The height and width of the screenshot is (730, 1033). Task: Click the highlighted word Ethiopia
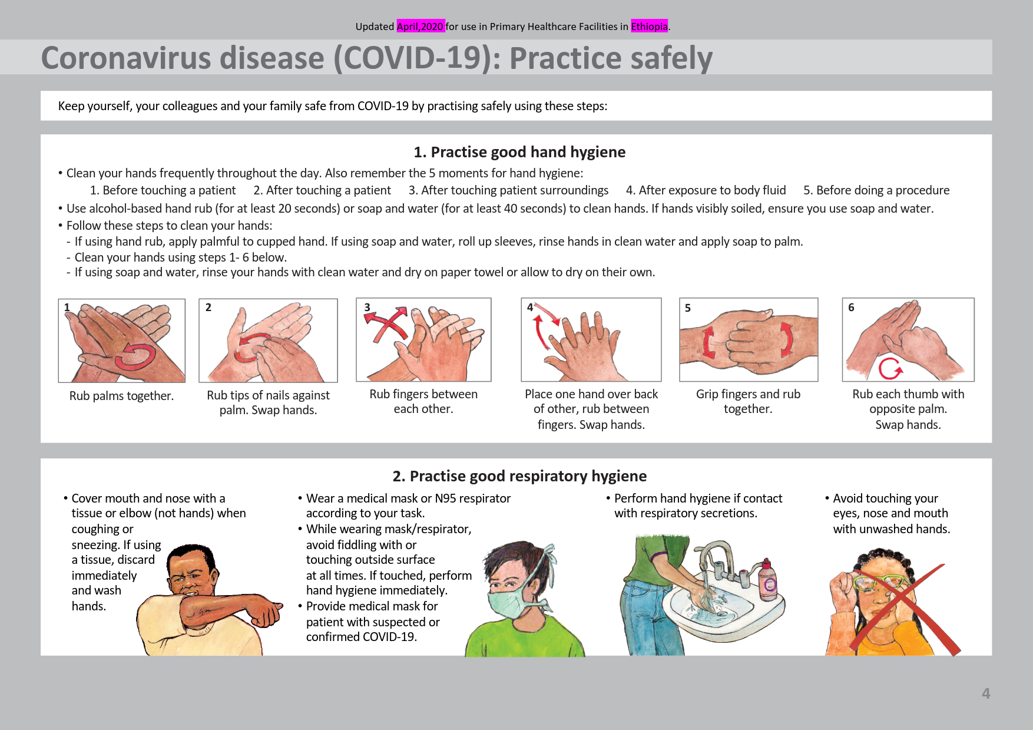[x=649, y=27]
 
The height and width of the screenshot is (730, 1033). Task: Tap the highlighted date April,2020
[x=421, y=27]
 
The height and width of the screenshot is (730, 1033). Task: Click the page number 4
[x=986, y=693]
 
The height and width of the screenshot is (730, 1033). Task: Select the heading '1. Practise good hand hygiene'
[x=519, y=152]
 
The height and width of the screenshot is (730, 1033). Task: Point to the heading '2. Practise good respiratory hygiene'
[x=519, y=476]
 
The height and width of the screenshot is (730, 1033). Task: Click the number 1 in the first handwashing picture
[x=67, y=307]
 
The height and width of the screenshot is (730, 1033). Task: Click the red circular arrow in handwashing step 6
[x=890, y=368]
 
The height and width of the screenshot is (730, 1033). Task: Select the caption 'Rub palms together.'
[x=121, y=396]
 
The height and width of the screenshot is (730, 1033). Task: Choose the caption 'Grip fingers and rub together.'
[x=748, y=401]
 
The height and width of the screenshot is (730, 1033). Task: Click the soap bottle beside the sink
[x=767, y=579]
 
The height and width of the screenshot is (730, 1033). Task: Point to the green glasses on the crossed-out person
[x=878, y=583]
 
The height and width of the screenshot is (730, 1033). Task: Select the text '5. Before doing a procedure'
[x=876, y=190]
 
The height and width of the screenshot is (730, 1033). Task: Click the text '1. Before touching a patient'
[x=163, y=190]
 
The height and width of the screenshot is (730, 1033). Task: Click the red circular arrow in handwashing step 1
[x=135, y=356]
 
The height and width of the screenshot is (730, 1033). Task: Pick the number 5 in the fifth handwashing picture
[x=688, y=308]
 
